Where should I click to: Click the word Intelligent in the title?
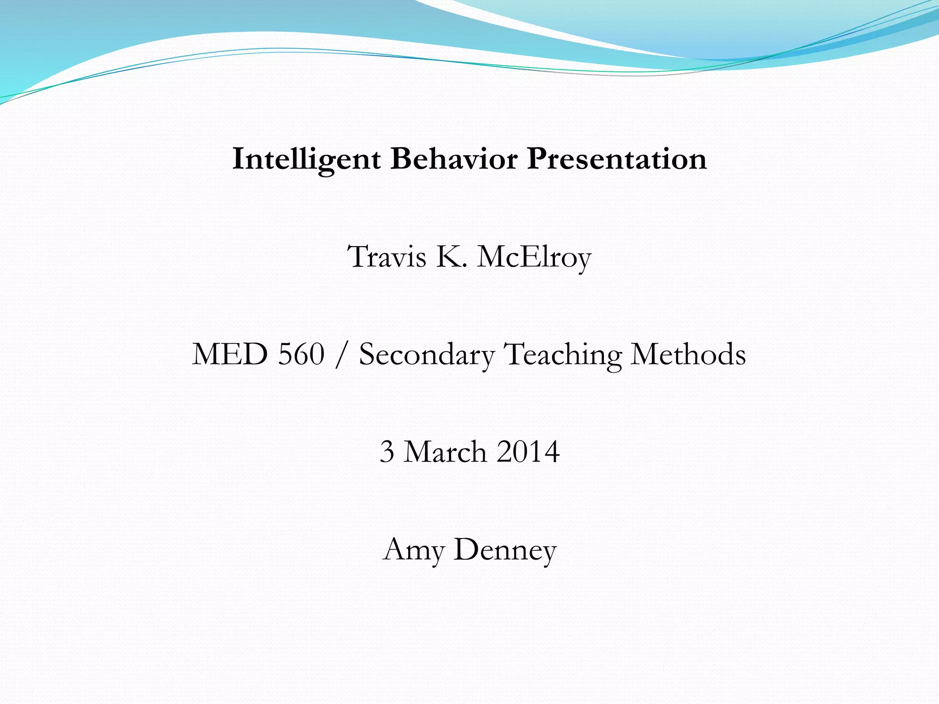point(306,159)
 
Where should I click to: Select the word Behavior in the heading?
point(454,159)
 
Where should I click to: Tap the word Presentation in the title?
point(617,159)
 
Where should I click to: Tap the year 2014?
point(528,452)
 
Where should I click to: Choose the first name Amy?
point(414,550)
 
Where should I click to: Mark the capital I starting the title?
point(238,159)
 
